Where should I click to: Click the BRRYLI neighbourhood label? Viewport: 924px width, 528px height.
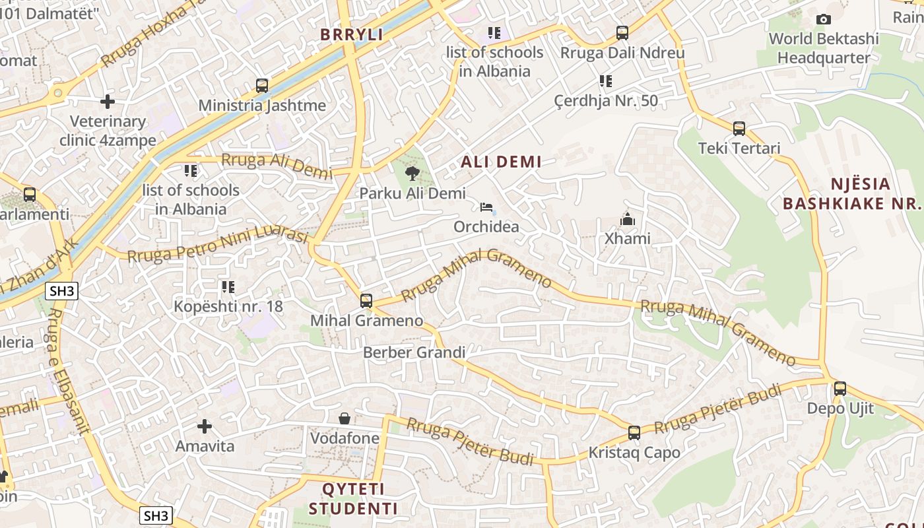coord(352,35)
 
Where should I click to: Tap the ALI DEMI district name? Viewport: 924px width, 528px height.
coord(501,162)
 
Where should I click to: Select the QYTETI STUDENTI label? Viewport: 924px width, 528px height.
coord(353,499)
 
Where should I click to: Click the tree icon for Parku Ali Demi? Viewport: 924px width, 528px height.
coord(412,174)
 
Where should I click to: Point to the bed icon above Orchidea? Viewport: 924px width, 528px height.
coord(486,207)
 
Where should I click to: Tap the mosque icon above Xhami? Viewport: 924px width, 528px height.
coord(627,218)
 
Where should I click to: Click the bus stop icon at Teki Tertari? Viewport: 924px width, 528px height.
coord(739,128)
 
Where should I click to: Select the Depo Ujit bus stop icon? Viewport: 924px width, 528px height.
coord(840,388)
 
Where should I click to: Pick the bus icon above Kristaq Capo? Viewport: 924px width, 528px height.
coord(634,433)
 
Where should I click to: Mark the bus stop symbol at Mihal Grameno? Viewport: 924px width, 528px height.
coord(366,301)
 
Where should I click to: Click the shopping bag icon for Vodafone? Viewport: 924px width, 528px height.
coord(345,418)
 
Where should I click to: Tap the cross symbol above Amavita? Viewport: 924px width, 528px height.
coord(205,426)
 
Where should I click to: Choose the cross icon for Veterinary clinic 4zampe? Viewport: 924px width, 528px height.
coord(107,102)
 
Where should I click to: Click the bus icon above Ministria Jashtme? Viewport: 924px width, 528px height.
coord(262,85)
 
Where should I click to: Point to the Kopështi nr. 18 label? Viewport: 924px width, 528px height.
coord(228,306)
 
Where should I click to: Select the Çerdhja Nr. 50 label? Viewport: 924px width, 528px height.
coord(606,101)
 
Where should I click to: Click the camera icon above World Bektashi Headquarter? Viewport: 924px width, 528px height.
coord(823,20)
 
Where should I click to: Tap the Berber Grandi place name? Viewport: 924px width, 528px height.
coord(414,352)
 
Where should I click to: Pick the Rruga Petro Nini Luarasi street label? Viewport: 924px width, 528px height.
coord(218,245)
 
